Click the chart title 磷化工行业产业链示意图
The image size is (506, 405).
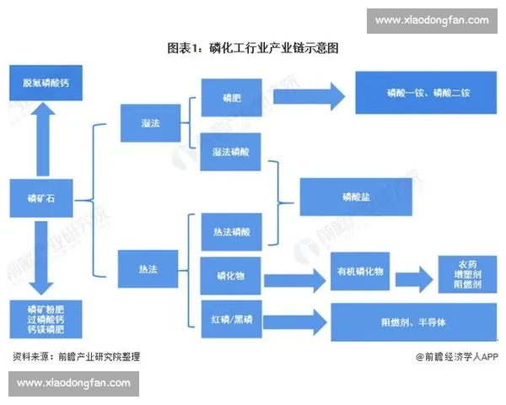click(252, 48)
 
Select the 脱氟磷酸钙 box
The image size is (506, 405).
click(41, 85)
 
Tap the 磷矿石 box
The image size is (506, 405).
click(41, 200)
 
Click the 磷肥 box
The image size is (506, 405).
click(231, 97)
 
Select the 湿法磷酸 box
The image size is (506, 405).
click(231, 152)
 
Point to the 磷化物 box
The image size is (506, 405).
click(231, 275)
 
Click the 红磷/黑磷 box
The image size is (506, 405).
click(231, 320)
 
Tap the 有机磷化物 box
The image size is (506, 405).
click(360, 272)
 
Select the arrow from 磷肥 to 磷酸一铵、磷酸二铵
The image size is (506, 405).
click(308, 95)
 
